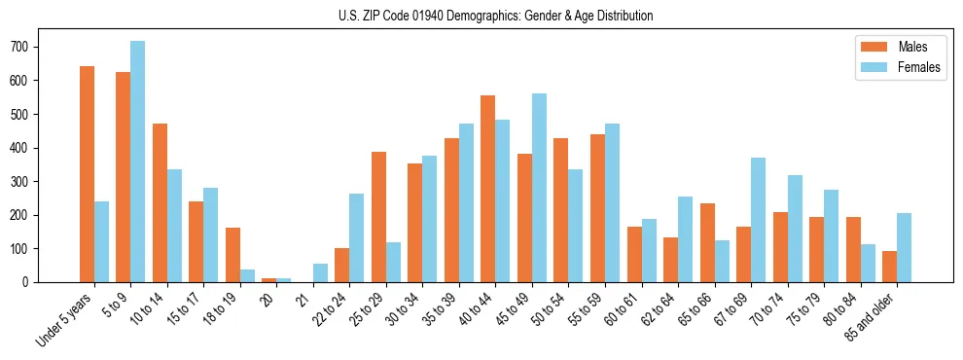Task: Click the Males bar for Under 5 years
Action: point(87,174)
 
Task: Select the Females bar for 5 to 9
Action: point(137,162)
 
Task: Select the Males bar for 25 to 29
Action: point(378,217)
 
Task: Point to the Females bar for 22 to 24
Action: point(356,237)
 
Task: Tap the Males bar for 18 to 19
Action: point(232,255)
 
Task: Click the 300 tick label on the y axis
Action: point(28,182)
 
